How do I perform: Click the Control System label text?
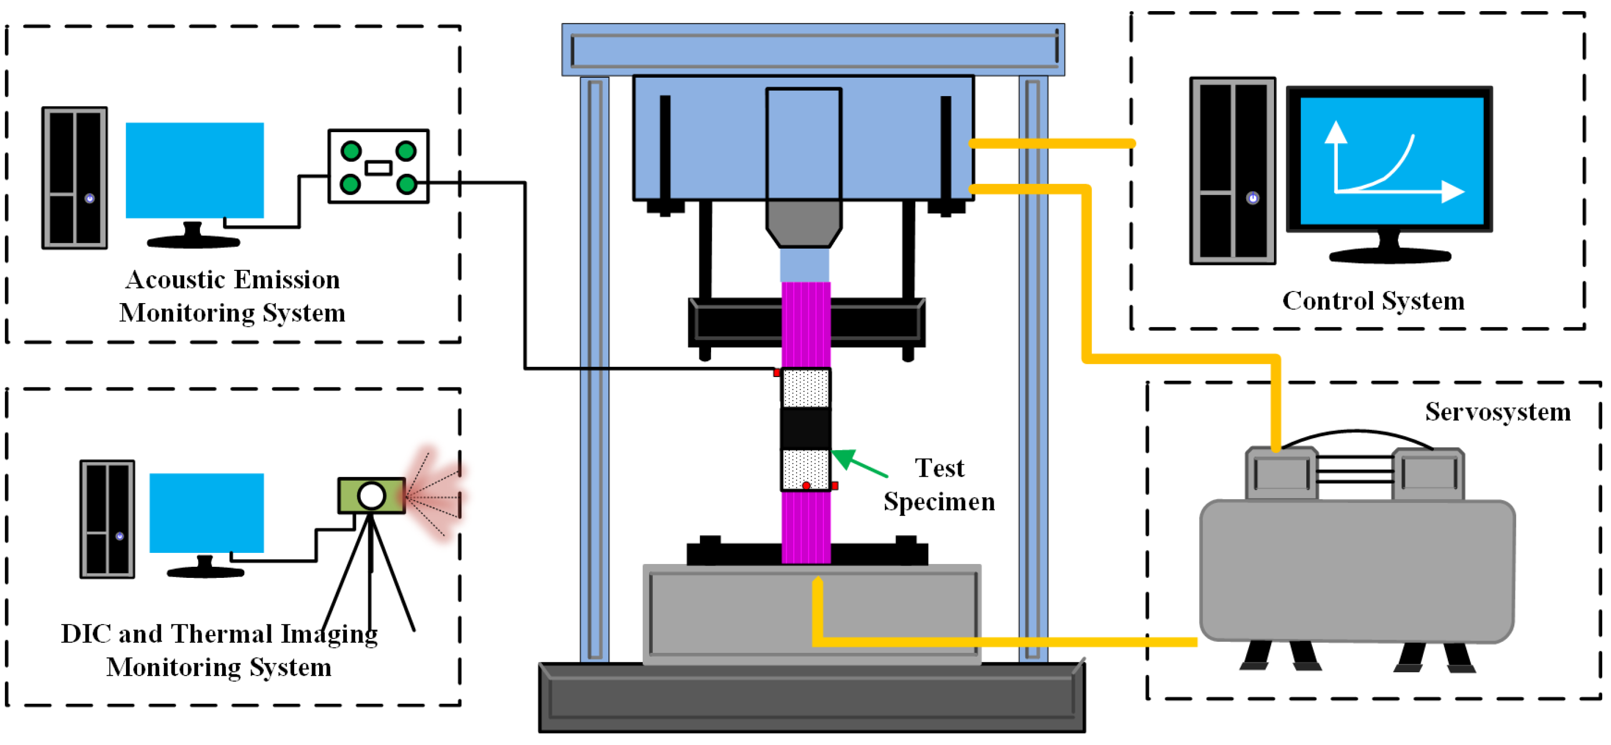pyautogui.click(x=1373, y=301)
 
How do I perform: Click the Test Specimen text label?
pyautogui.click(x=939, y=485)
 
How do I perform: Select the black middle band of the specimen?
pyautogui.click(x=805, y=429)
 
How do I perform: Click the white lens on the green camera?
pyautogui.click(x=371, y=496)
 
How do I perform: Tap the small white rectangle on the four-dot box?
pyautogui.click(x=379, y=168)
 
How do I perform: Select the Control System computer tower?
pyautogui.click(x=1232, y=171)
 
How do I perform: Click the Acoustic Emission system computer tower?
pyautogui.click(x=74, y=178)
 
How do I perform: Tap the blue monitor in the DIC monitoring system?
pyautogui.click(x=207, y=513)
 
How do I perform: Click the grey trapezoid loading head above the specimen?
pyautogui.click(x=804, y=223)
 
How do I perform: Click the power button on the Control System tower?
pyautogui.click(x=1252, y=198)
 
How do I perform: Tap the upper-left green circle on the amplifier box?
pyautogui.click(x=351, y=151)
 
